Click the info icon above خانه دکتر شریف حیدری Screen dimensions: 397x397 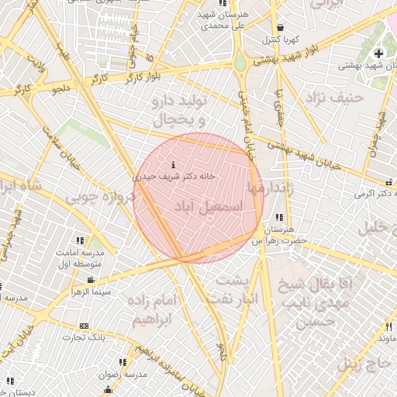click(x=172, y=165)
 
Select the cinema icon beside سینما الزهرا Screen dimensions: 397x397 click(x=91, y=280)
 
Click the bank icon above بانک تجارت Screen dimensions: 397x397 click(x=84, y=326)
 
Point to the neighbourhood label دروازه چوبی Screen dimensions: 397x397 click(x=100, y=198)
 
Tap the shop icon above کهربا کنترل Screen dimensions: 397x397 click(x=280, y=26)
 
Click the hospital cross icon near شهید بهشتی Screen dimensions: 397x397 click(x=378, y=54)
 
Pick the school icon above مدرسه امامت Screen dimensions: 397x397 click(x=78, y=241)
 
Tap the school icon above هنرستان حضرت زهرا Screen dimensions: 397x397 click(x=279, y=218)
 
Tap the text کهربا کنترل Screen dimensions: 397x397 click(x=281, y=38)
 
